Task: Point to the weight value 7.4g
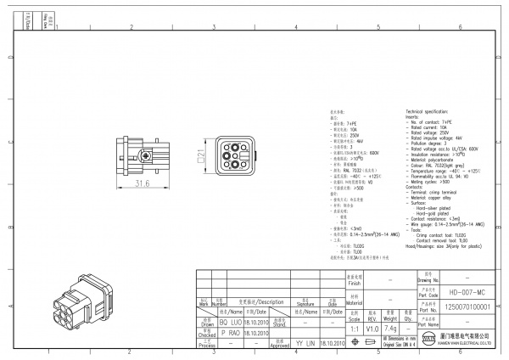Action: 391,327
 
